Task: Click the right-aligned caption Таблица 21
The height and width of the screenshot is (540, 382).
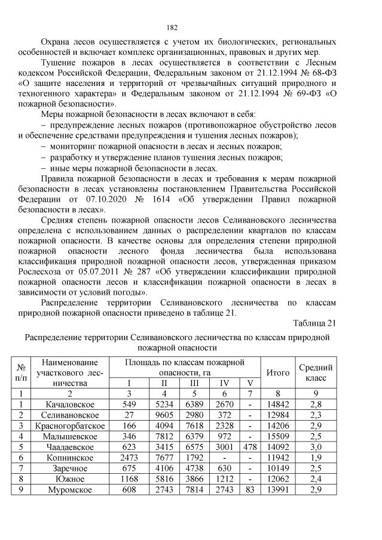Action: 315,323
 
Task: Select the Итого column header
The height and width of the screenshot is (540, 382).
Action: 278,372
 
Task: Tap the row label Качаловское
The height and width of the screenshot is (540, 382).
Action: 68,405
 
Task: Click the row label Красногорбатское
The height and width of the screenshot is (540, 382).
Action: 68,425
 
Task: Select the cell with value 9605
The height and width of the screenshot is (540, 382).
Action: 164,415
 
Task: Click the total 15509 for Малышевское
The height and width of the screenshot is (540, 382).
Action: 278,436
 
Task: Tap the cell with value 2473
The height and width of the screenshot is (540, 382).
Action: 127,458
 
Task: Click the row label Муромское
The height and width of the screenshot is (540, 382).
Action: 68,490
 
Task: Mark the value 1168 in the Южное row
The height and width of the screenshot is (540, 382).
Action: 127,479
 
